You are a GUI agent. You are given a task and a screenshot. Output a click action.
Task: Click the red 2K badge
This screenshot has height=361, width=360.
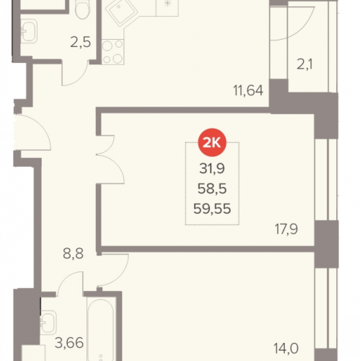coord(212,143)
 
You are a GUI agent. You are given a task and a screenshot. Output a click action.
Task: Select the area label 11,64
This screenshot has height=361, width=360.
coord(248,91)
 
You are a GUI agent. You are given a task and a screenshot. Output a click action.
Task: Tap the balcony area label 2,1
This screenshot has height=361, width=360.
coord(304,64)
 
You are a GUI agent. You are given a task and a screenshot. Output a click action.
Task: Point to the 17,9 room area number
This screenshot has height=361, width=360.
coord(286,229)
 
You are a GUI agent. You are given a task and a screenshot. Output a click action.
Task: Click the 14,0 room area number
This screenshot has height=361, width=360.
coord(286,348)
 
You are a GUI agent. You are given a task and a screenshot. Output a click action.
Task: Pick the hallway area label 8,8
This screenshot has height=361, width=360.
coord(73,253)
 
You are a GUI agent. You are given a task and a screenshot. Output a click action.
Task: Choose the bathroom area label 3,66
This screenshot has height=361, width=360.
coord(69,343)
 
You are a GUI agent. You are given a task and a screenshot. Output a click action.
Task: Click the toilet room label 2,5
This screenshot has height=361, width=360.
coord(81,43)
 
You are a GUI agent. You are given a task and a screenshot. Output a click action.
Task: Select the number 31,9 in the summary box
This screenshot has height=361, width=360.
coord(212,168)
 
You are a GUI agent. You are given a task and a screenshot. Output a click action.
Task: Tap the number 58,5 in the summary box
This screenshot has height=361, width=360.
coord(212,188)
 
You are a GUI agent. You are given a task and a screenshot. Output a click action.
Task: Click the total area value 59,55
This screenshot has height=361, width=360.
coord(212,209)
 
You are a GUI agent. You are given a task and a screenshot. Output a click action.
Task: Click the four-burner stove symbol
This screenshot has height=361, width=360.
coord(113,52)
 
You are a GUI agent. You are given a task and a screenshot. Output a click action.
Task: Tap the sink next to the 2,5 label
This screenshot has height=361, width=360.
coord(29,31)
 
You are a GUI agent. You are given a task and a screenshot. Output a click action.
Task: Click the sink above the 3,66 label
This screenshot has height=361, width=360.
coord(48,323)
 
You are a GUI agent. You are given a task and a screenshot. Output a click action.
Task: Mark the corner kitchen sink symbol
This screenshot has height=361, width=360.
coord(120,12)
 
